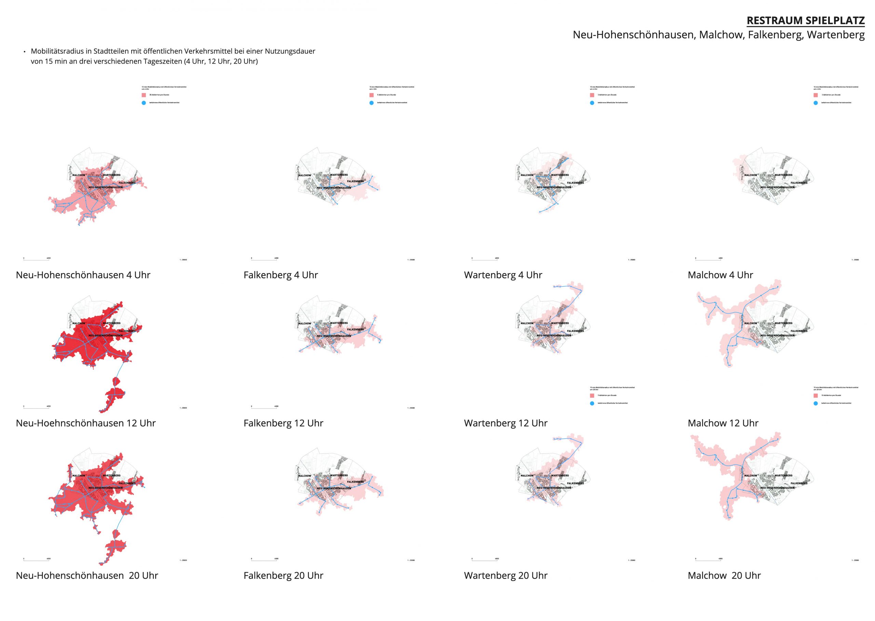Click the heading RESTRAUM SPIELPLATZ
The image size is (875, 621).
(x=805, y=21)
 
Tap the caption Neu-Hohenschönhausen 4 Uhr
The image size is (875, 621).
(x=83, y=275)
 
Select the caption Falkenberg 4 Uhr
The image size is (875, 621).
(x=280, y=275)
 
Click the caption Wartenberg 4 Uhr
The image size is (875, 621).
(x=503, y=275)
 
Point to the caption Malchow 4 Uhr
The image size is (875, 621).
(x=720, y=275)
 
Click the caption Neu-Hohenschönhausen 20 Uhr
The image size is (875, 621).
(x=87, y=576)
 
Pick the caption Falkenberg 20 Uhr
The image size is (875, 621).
(x=283, y=576)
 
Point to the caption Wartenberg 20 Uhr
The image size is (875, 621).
(x=506, y=576)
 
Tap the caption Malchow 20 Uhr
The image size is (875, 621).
(x=724, y=576)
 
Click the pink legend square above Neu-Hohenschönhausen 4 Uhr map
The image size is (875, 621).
(x=144, y=95)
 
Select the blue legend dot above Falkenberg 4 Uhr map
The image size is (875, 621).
(x=371, y=103)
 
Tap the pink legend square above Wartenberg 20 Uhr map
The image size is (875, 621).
(x=592, y=395)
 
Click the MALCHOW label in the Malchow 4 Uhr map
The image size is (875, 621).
(x=750, y=175)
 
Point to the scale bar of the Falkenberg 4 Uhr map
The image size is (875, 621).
(x=264, y=260)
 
